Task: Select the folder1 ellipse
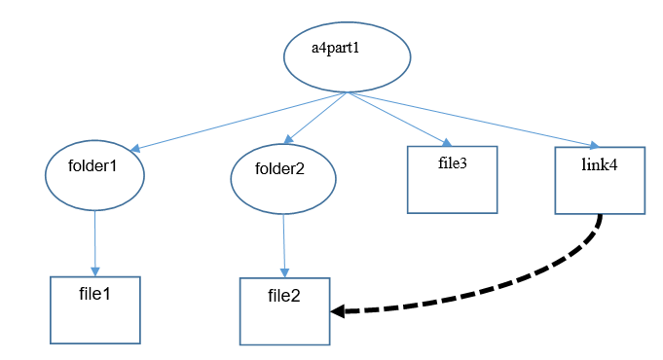point(94,174)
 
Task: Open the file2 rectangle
point(284,321)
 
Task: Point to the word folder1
point(92,166)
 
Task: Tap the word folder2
point(280,168)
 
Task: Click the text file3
point(453,162)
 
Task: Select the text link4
point(599,164)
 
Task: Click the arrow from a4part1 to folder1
point(239,122)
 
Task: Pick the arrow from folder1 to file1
point(94,243)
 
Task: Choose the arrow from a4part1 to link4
point(477,121)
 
